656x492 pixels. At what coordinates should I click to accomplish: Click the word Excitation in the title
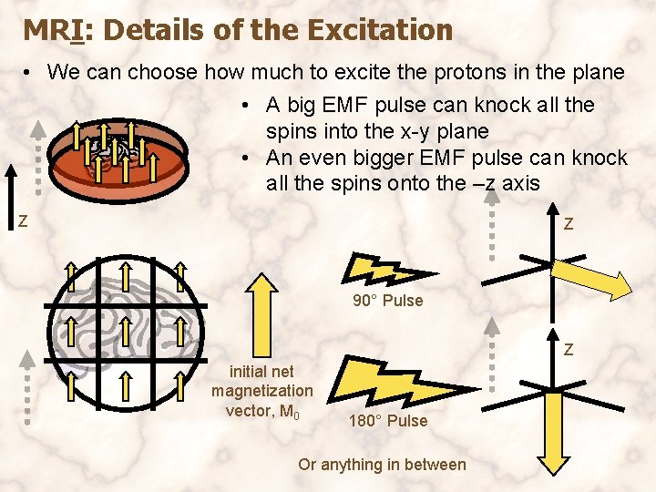pos(380,30)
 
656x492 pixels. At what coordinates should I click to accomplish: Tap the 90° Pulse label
pos(388,301)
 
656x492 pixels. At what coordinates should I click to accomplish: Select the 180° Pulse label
pos(387,421)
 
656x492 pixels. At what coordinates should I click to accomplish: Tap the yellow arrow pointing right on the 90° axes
pos(597,278)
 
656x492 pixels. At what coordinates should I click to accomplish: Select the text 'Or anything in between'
pos(382,465)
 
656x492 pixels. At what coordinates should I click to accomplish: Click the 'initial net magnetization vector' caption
pos(262,391)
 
